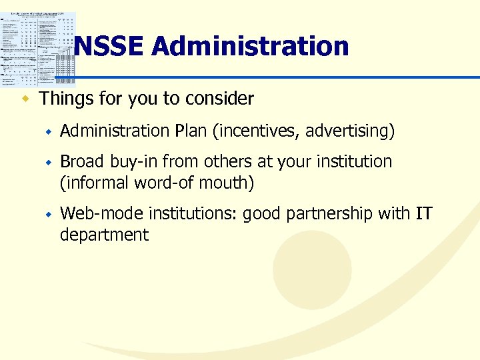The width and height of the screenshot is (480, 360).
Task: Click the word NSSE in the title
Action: click(x=109, y=47)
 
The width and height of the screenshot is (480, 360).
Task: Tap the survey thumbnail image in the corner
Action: click(x=39, y=49)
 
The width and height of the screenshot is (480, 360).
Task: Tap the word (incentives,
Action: click(x=256, y=131)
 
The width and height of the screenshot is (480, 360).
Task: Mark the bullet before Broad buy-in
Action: click(x=48, y=162)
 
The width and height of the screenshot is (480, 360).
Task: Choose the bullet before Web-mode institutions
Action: click(x=48, y=215)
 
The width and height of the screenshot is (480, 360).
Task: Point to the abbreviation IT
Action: click(x=423, y=214)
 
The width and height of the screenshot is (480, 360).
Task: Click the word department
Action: click(x=104, y=235)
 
